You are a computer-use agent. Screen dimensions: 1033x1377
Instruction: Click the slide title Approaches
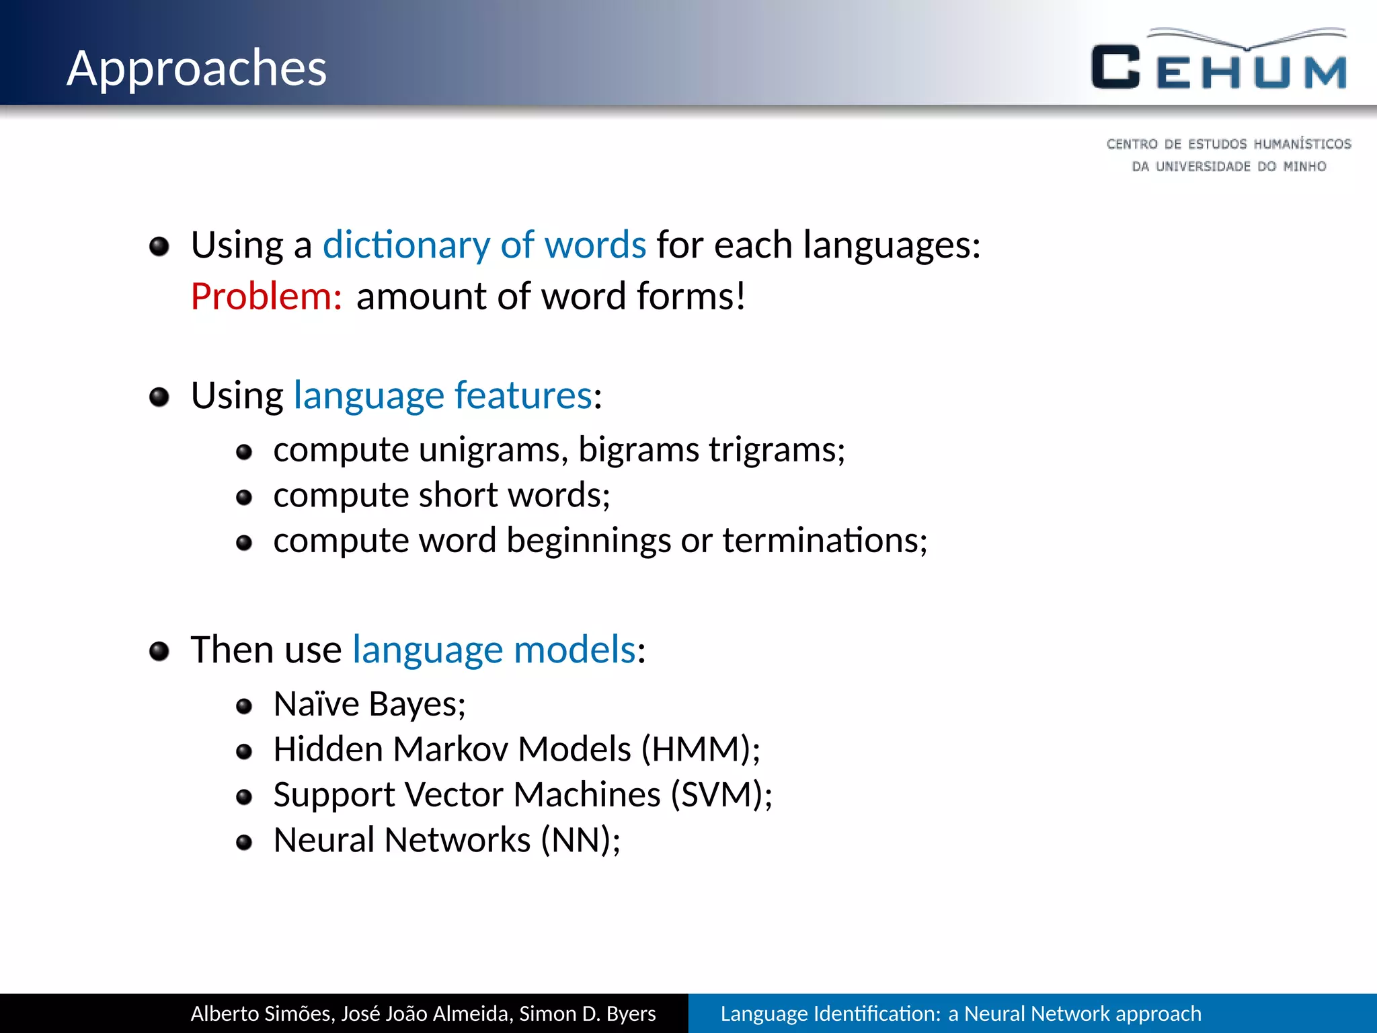point(196,69)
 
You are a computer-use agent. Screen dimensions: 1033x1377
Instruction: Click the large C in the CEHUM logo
point(1115,67)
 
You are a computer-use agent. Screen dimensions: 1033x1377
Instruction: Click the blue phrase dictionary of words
point(484,245)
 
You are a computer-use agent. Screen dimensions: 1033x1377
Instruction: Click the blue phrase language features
point(443,395)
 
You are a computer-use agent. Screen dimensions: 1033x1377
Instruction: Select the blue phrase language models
point(494,650)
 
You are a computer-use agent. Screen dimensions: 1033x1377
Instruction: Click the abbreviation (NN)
point(576,840)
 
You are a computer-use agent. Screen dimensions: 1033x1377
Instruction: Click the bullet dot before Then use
point(159,651)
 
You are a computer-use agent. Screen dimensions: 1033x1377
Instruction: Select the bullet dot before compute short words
point(244,498)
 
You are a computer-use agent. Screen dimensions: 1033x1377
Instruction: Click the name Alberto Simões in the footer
point(262,1013)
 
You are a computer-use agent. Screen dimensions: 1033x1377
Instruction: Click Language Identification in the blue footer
point(828,1013)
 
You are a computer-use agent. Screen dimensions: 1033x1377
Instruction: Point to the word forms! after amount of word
point(691,297)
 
